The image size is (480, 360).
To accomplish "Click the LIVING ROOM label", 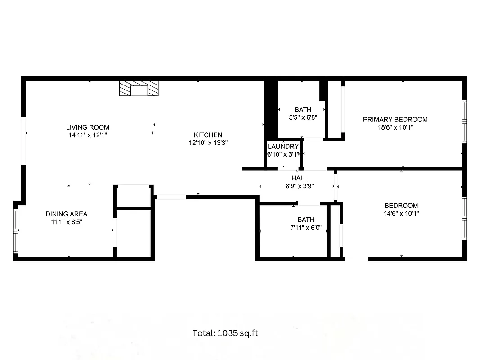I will click(87, 127).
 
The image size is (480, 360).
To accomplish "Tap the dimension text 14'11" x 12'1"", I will click(87, 135).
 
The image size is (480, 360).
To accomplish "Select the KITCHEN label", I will click(208, 135).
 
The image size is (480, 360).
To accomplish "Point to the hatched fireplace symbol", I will click(139, 89).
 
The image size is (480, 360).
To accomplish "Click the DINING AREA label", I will click(67, 214).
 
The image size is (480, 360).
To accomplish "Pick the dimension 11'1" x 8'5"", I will click(67, 222).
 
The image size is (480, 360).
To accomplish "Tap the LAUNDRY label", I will click(283, 147).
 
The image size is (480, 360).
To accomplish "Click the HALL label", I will click(299, 178).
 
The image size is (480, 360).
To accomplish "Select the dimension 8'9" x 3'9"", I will click(299, 186).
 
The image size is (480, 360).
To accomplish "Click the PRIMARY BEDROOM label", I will click(395, 120).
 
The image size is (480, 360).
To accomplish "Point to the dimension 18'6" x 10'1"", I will click(395, 127).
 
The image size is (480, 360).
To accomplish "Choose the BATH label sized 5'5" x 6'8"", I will click(303, 109).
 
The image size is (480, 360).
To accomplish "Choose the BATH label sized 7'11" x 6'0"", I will click(305, 220).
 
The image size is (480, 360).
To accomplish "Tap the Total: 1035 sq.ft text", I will click(225, 333).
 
